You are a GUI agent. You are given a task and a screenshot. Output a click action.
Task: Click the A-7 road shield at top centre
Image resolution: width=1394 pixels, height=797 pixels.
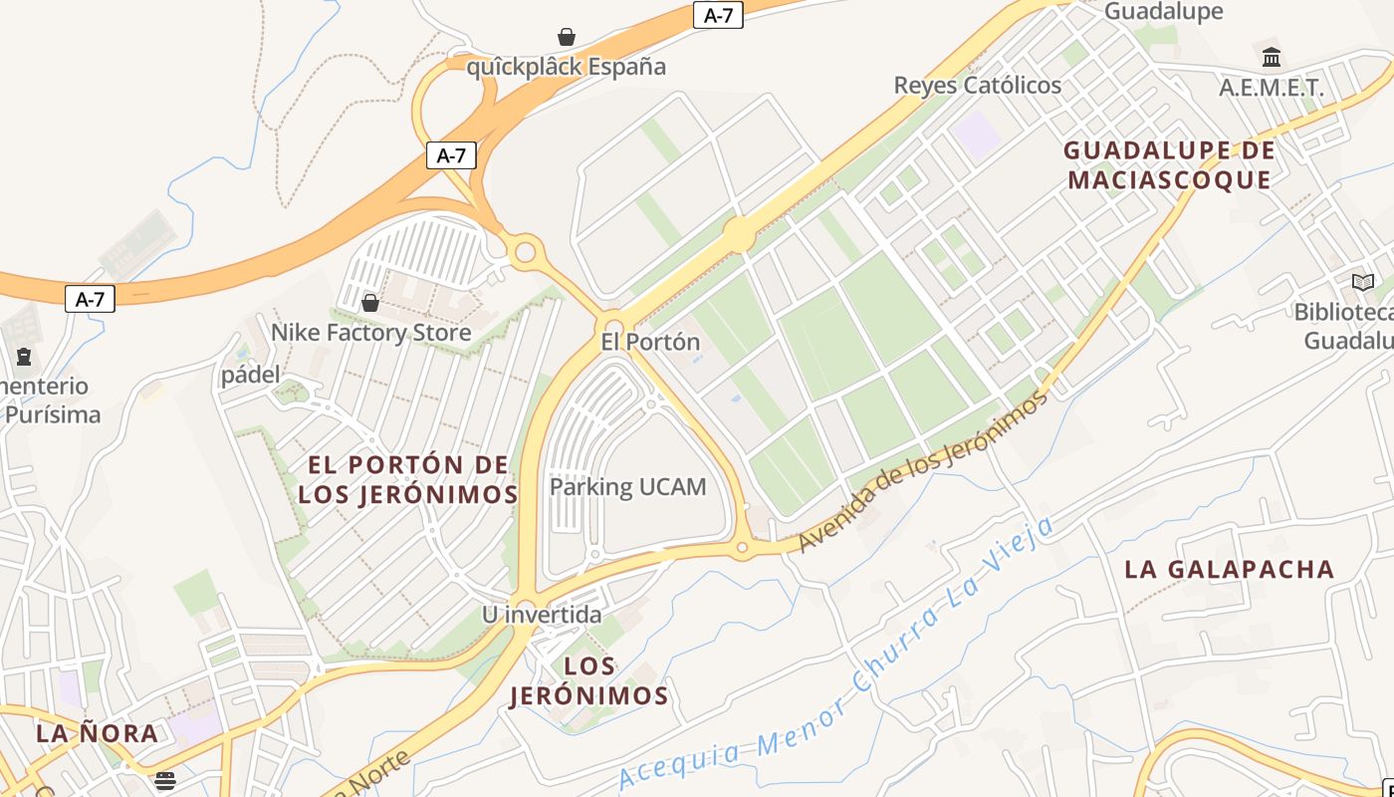[718, 15]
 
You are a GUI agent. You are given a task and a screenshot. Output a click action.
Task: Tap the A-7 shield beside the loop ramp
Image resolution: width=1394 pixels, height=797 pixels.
[451, 155]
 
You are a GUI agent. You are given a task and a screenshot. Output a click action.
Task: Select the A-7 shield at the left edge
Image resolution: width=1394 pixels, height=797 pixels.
[90, 299]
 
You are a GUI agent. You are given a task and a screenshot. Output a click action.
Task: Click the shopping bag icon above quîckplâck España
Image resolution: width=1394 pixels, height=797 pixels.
[567, 38]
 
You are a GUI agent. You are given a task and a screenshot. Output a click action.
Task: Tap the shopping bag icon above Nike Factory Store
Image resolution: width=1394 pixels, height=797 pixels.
[370, 303]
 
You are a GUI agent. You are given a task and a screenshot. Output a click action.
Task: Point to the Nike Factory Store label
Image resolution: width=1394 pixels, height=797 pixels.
[371, 332]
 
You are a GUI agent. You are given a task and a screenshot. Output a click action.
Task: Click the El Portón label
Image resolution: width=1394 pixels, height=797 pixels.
[650, 342]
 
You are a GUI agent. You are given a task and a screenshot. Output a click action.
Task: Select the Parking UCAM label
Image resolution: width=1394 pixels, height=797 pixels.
[628, 487]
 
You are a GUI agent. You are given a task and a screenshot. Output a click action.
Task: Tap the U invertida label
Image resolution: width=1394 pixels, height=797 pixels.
[542, 615]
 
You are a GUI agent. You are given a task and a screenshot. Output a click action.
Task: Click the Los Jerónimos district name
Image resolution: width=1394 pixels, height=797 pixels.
[588, 680]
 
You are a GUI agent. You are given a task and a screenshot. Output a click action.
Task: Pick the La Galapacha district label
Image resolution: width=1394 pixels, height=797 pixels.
[1229, 569]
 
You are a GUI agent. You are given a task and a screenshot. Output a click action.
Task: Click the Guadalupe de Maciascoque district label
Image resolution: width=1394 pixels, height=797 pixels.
[1169, 165]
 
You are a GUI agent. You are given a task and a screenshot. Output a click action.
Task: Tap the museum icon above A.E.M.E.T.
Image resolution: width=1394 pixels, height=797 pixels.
[1272, 57]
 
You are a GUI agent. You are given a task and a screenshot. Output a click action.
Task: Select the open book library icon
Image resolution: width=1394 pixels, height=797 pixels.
[1363, 283]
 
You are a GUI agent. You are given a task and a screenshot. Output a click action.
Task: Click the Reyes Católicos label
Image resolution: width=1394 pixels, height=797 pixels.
[978, 86]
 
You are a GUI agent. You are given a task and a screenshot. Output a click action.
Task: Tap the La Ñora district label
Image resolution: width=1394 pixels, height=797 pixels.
[98, 733]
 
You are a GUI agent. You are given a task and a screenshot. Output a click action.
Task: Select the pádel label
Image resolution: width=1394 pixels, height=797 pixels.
[250, 375]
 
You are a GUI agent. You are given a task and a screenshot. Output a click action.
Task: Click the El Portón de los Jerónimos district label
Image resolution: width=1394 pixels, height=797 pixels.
[408, 479]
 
